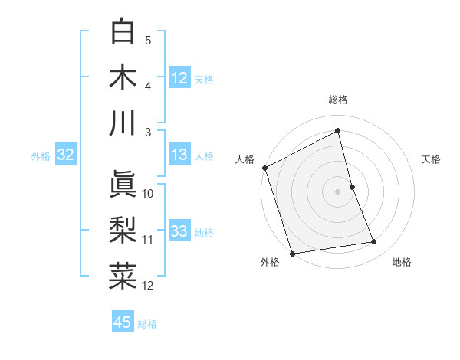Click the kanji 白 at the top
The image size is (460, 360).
click(123, 32)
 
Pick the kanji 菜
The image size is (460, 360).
click(123, 277)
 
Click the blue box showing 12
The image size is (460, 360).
click(179, 77)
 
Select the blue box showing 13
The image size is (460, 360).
click(179, 155)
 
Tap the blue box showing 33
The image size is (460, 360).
click(179, 231)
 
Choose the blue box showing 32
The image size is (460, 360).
click(65, 155)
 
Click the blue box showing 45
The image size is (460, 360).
click(123, 322)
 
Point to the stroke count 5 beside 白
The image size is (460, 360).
click(148, 40)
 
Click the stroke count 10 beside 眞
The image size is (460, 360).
click(148, 193)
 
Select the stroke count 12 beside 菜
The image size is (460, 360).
click(148, 286)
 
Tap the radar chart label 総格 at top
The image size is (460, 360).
click(338, 100)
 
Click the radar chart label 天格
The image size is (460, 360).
click(431, 159)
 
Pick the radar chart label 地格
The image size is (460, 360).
click(402, 262)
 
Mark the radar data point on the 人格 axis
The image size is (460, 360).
click(264, 167)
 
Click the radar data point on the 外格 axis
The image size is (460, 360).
click(292, 253)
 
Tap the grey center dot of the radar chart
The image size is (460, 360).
click(338, 191)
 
